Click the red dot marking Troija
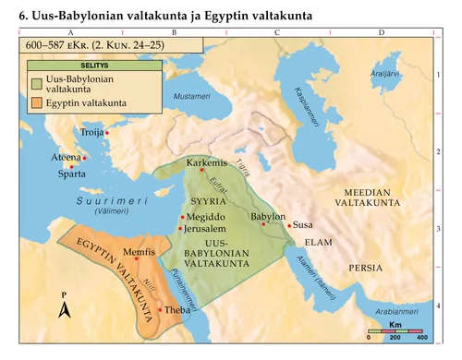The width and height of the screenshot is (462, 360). pos(107,135)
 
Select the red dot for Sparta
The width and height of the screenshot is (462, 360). pos(71,166)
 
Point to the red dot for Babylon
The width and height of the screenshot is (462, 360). pos(263,224)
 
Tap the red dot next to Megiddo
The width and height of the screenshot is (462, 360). pos(182,217)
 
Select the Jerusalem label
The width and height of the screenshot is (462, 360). pos(207,228)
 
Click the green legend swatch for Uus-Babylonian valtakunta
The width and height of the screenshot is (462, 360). pos(38,84)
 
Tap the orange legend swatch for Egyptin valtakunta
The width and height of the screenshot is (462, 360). pos(38,103)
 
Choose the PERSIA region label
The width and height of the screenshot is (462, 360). pos(361,267)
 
